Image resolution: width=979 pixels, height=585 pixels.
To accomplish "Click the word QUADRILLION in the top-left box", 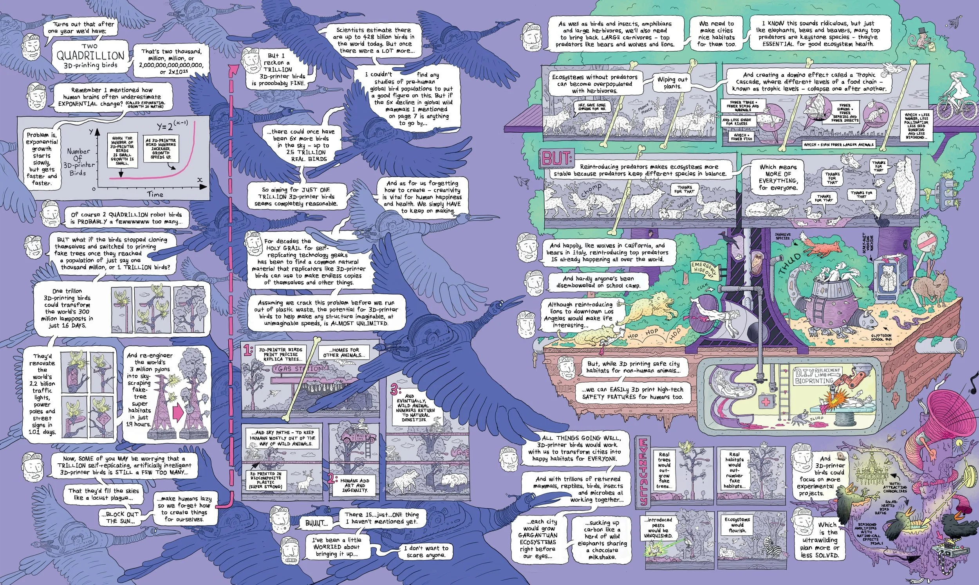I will [x=90, y=55].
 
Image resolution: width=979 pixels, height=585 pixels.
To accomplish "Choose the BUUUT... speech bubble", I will [x=316, y=523].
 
